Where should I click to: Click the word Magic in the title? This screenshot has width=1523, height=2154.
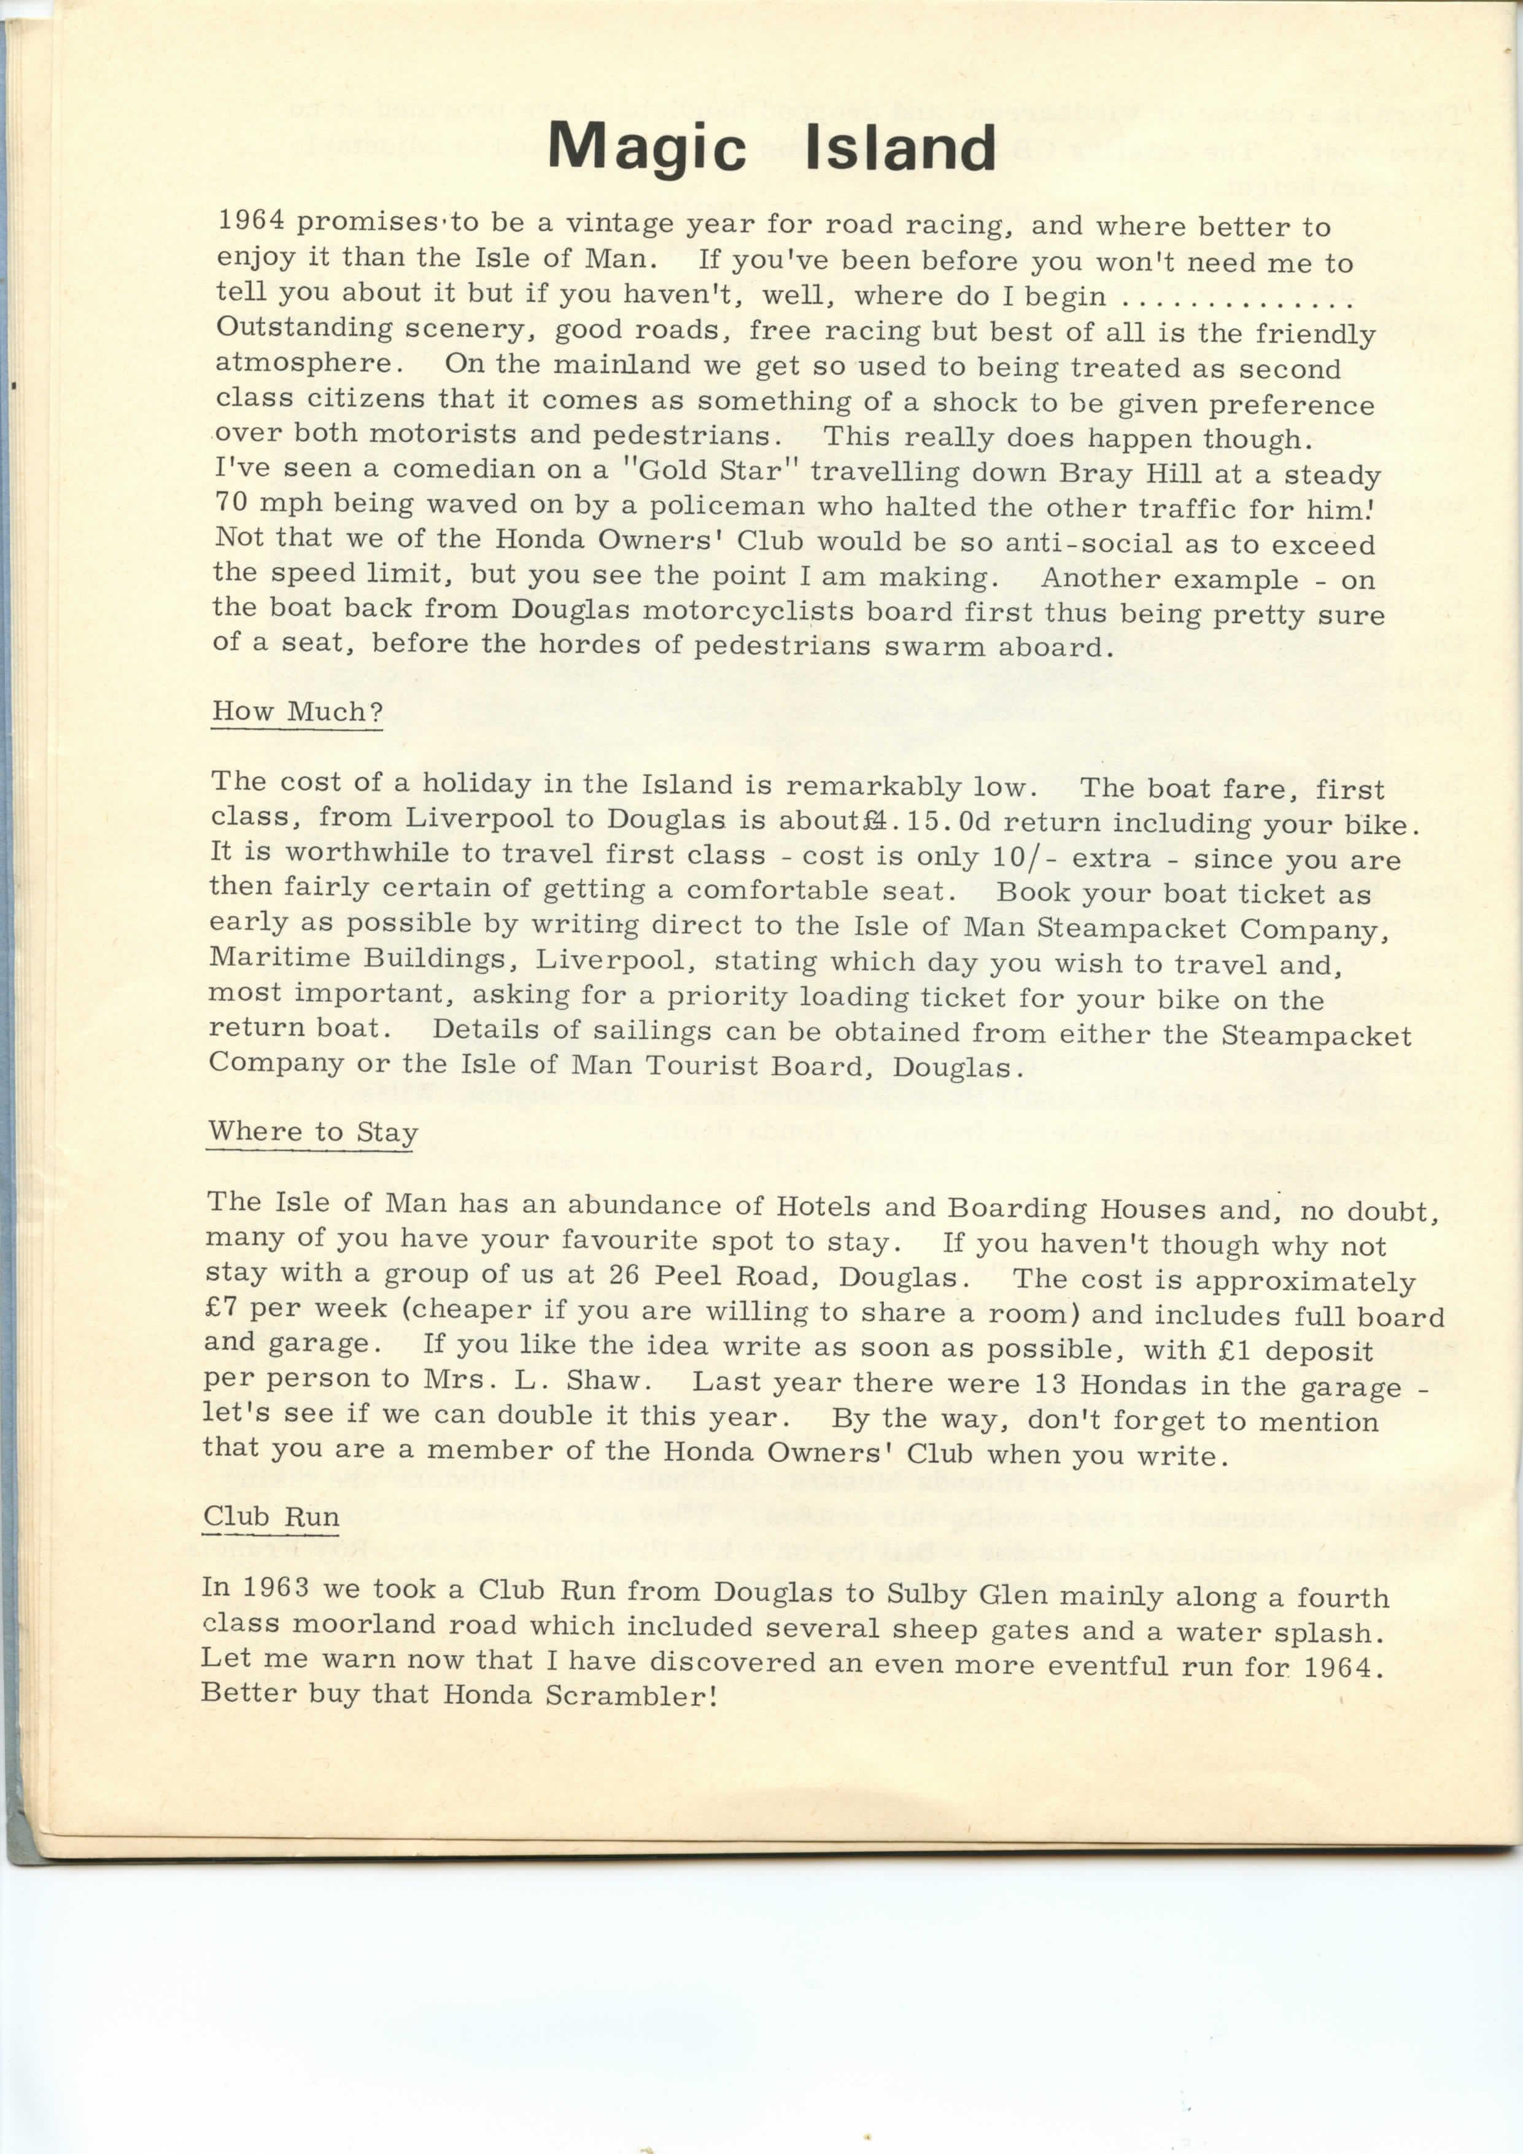click(646, 148)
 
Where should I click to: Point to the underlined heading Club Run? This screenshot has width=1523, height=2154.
click(271, 1516)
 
